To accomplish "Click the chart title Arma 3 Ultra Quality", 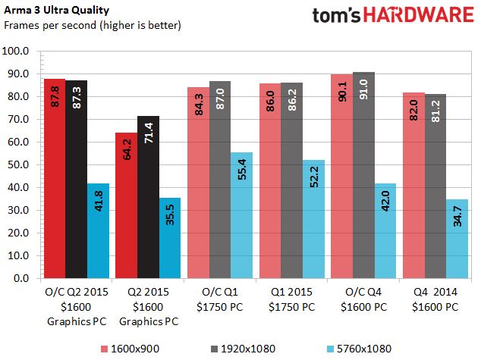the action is click(x=56, y=10).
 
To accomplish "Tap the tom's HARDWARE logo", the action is click(x=393, y=14).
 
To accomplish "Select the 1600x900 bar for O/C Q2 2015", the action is click(x=55, y=179).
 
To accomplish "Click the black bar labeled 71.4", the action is click(x=148, y=197).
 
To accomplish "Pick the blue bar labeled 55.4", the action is click(x=242, y=215).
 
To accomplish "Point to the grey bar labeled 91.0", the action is click(x=363, y=175).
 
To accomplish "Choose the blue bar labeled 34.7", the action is click(x=457, y=239).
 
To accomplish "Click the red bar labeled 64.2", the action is click(x=127, y=205).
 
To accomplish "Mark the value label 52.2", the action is click(x=314, y=177).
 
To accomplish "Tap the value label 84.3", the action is click(x=199, y=105).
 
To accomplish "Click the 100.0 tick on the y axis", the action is click(x=15, y=51).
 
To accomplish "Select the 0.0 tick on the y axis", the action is click(x=21, y=278).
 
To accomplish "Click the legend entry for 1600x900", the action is click(x=130, y=349).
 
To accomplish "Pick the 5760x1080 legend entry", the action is click(x=359, y=349).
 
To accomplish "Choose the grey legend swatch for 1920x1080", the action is click(x=214, y=349).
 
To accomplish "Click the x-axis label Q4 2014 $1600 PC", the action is click(x=435, y=299).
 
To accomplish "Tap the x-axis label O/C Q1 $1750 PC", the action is click(x=220, y=299).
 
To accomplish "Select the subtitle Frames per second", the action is click(x=50, y=25).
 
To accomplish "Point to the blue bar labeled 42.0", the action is click(x=385, y=231).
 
